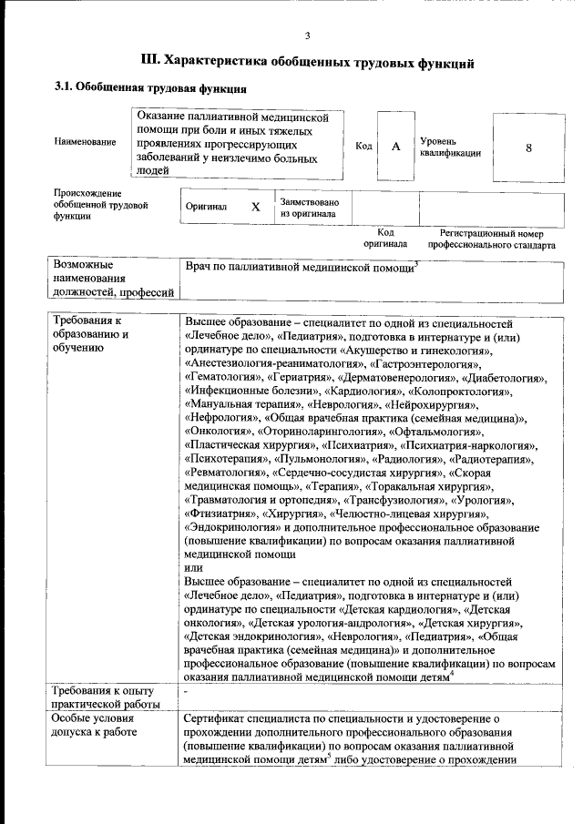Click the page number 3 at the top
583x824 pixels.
pos(307,36)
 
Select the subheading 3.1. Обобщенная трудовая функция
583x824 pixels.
pos(150,89)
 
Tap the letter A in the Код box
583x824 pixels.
pos(395,148)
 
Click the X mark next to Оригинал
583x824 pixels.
pos(256,208)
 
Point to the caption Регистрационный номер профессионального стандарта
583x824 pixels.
pos(491,239)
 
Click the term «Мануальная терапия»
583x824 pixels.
pos(240,404)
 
